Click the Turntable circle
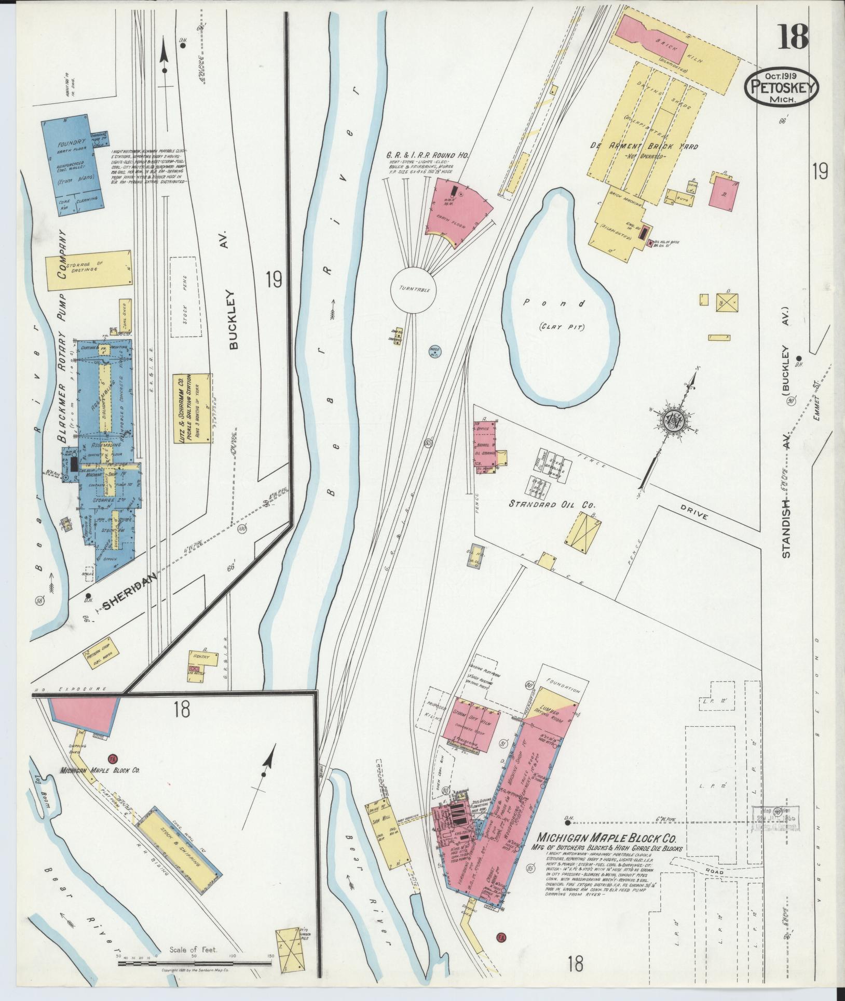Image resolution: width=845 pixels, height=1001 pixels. pyautogui.click(x=414, y=289)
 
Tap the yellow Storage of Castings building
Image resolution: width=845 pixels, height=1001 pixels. pyautogui.click(x=88, y=270)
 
